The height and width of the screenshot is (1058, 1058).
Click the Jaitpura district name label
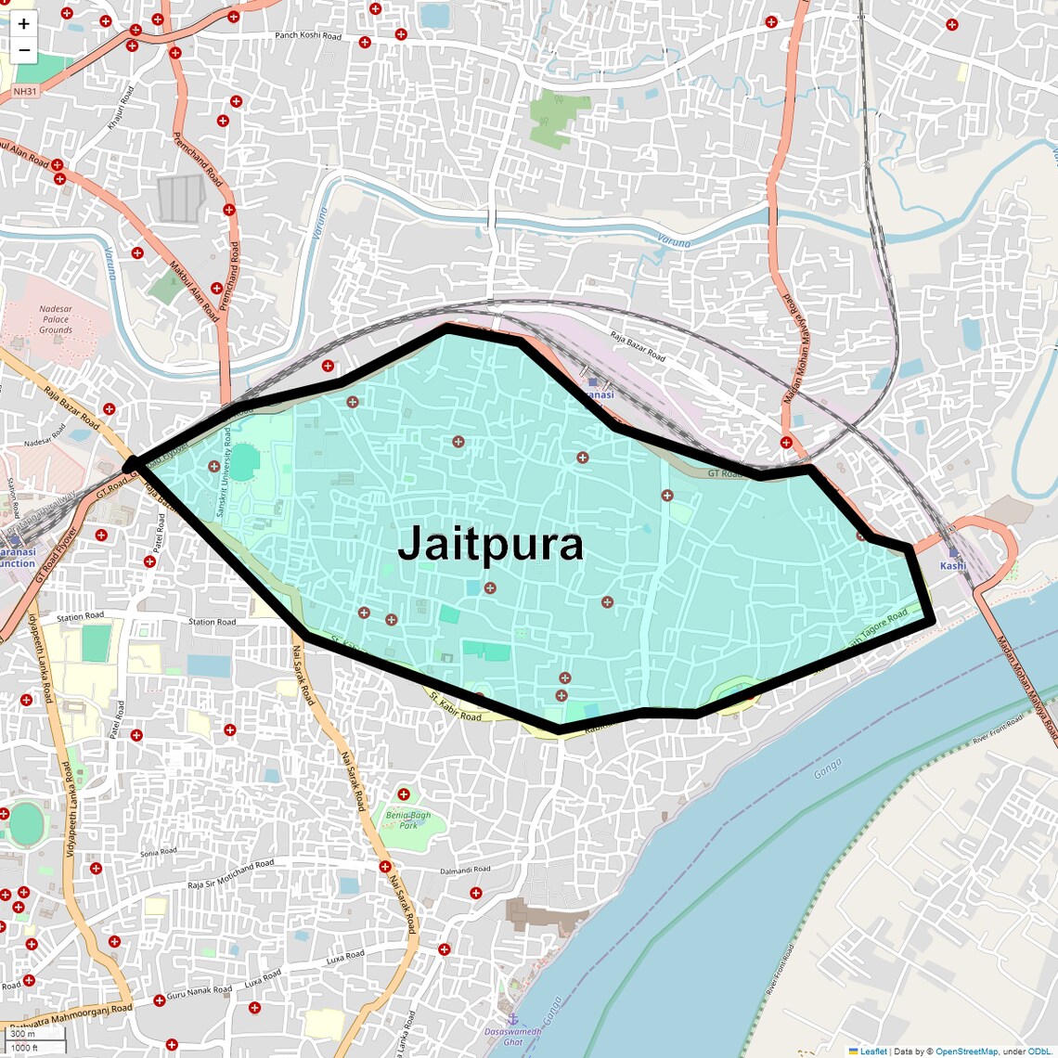[x=490, y=545]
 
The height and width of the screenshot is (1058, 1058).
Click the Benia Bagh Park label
[x=408, y=820]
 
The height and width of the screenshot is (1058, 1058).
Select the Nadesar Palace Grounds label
[x=56, y=319]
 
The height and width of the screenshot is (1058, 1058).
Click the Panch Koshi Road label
[x=308, y=36]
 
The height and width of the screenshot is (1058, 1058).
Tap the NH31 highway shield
[x=25, y=92]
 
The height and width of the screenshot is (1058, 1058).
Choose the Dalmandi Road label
[x=465, y=871]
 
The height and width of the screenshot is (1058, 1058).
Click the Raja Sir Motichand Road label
[x=231, y=873]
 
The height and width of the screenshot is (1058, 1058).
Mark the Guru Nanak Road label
[x=199, y=991]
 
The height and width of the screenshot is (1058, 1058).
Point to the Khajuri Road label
[x=122, y=108]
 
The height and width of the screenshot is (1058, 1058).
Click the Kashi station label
[x=953, y=565]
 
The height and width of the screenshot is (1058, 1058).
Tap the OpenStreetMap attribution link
[x=966, y=1052]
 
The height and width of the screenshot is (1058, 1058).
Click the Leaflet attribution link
[x=873, y=1052]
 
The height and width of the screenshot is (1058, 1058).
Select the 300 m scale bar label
[x=22, y=1034]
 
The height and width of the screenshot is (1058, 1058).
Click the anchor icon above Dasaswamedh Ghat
[x=512, y=1019]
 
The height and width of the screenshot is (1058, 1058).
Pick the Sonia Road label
[x=158, y=852]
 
